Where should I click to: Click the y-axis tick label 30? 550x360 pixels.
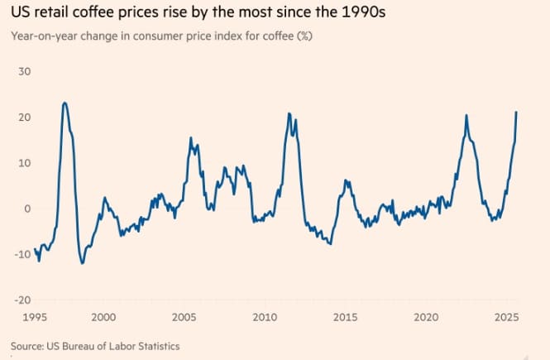(25, 71)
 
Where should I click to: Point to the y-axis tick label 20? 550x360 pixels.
(25, 117)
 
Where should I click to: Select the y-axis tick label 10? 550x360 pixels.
(25, 162)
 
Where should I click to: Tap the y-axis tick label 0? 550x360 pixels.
(27, 209)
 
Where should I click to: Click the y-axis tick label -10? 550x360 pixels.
(23, 254)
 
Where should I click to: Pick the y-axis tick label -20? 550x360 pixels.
(23, 300)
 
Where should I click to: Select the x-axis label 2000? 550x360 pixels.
(103, 317)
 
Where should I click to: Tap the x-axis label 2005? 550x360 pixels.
(184, 317)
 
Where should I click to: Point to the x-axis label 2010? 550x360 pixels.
(265, 317)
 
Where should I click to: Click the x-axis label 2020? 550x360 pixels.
(426, 317)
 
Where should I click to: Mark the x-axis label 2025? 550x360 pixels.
(506, 317)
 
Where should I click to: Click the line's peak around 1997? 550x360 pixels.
(65, 103)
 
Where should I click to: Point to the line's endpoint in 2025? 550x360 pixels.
(517, 112)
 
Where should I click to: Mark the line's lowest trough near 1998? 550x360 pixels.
(82, 263)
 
